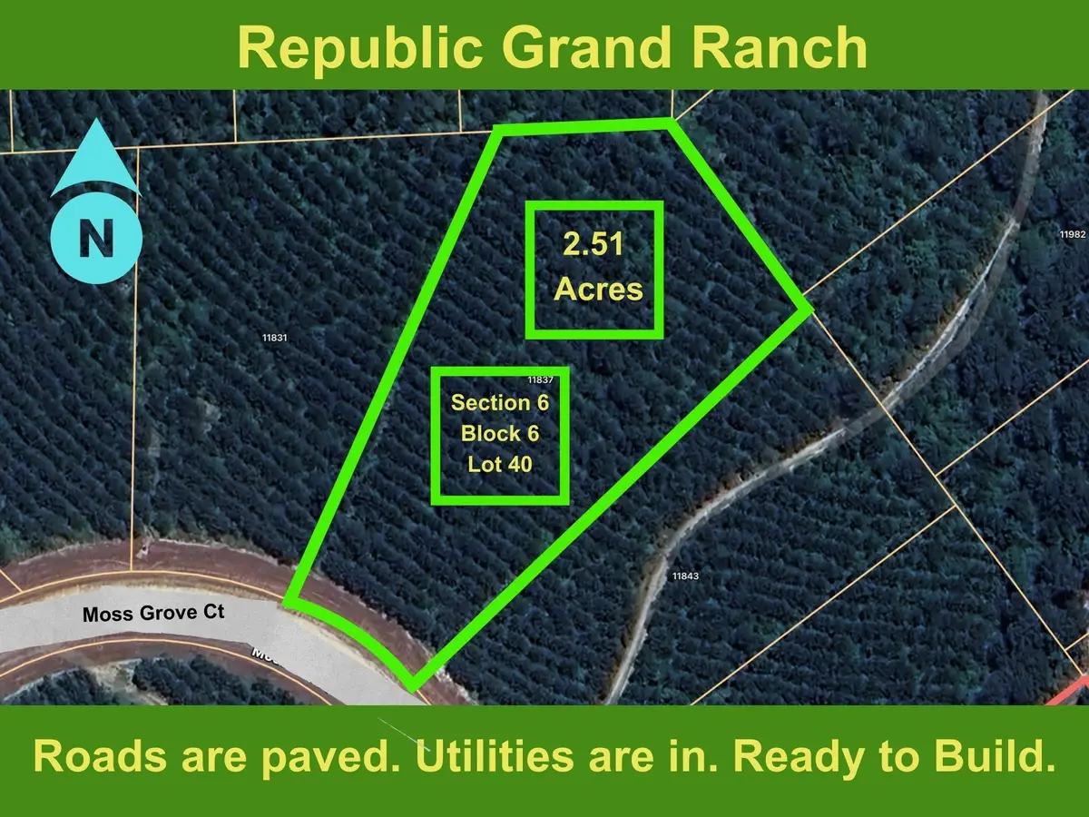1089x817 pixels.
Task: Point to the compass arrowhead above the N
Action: click(x=95, y=164)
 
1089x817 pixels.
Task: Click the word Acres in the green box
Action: click(x=598, y=290)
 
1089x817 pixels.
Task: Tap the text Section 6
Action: click(x=501, y=402)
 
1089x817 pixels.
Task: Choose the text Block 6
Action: click(x=500, y=433)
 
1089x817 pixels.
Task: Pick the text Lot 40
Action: click(x=500, y=464)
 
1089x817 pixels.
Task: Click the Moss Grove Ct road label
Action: click(x=153, y=614)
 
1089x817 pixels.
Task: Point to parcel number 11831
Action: click(x=274, y=337)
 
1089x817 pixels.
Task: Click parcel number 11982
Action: click(x=1072, y=234)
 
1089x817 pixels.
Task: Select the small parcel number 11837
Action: click(x=541, y=380)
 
